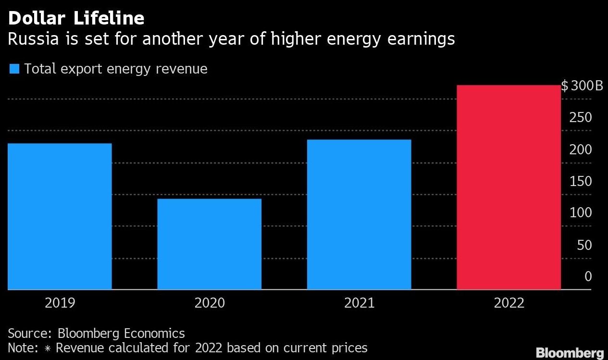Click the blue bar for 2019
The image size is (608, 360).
[x=60, y=216]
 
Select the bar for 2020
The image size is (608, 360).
[x=209, y=244]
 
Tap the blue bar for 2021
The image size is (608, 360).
[x=359, y=214]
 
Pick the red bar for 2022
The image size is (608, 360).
[x=509, y=187]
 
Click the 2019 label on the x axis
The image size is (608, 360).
[x=60, y=303]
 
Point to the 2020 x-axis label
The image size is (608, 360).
[x=209, y=303]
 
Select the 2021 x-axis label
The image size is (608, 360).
[x=359, y=303]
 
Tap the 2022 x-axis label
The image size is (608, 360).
[x=509, y=303]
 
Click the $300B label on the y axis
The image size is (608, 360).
[x=582, y=87]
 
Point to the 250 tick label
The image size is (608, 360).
[x=581, y=118]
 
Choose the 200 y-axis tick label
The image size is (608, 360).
[x=581, y=150]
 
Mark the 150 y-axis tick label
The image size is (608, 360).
[x=581, y=182]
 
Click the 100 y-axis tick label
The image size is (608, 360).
[x=581, y=213]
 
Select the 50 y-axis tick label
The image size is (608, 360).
[x=583, y=245]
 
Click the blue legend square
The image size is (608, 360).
[x=14, y=69]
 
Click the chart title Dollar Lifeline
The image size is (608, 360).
[x=76, y=18]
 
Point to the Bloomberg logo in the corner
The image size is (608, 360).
[x=570, y=352]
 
